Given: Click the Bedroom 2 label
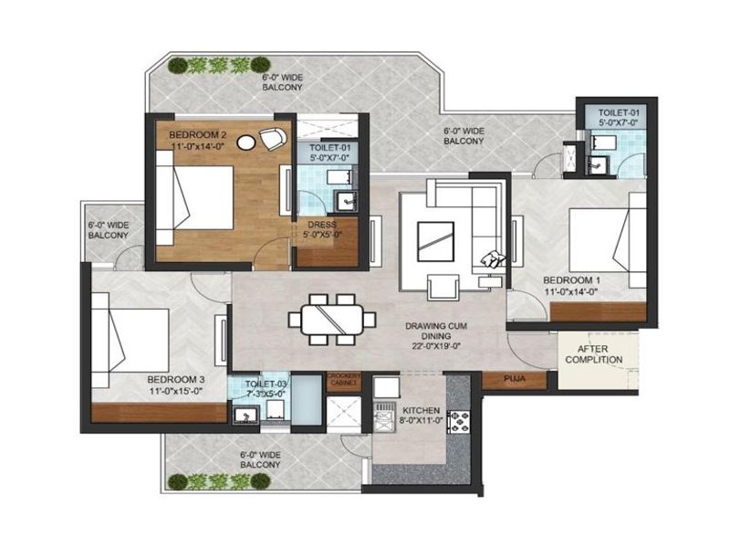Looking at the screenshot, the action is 197,135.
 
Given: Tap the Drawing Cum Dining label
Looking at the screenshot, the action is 436,331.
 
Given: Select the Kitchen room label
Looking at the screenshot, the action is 421,410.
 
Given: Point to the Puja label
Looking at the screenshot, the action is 515,378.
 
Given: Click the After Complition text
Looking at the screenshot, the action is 594,354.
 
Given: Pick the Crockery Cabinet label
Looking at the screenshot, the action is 344,379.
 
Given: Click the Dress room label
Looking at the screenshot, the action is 322,225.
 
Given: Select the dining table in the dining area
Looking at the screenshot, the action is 331,319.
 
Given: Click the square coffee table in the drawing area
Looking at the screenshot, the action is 435,241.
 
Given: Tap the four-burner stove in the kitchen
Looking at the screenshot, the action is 459,422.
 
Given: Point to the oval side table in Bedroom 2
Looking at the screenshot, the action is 245,142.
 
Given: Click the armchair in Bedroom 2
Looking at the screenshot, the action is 272,138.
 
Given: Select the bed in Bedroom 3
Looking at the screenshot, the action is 130,340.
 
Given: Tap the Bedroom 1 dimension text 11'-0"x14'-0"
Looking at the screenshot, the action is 571,292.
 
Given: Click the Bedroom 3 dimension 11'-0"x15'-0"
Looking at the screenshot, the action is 175,391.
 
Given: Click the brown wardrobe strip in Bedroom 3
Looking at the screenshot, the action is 159,413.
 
